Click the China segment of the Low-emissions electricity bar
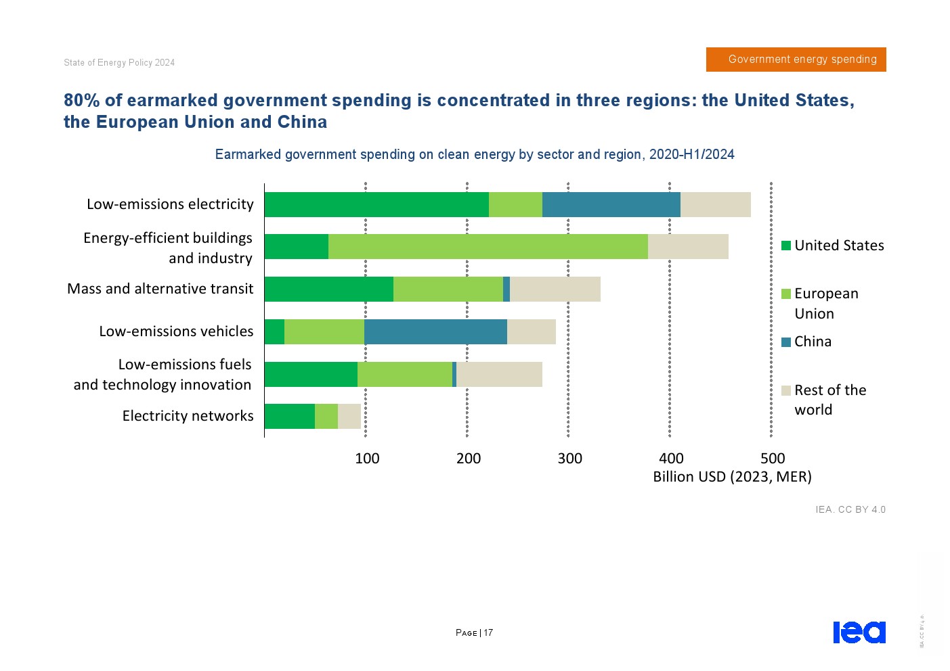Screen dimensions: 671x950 point(611,204)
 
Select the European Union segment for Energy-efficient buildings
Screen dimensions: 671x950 point(488,247)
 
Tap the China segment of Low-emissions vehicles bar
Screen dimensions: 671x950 point(435,331)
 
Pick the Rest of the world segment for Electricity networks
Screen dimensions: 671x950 point(349,416)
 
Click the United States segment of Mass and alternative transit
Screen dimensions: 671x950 point(328,289)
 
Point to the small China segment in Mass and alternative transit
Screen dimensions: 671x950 point(506,289)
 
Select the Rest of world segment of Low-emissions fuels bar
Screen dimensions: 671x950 point(499,374)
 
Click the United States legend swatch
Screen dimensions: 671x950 point(786,246)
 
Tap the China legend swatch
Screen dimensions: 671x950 point(786,342)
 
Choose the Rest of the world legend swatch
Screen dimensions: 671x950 point(786,390)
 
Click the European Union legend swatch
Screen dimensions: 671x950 point(786,294)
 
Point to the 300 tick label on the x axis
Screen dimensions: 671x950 point(569,459)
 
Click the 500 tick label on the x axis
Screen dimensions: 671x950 point(773,459)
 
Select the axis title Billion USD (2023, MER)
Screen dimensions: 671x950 point(732,477)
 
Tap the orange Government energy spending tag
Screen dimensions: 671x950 point(796,60)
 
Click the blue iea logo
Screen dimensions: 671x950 point(859,632)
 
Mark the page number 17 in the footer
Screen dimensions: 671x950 point(488,633)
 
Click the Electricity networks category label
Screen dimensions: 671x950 point(188,416)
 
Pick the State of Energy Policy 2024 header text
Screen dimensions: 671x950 point(119,63)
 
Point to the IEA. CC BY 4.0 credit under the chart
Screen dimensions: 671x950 point(850,509)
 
